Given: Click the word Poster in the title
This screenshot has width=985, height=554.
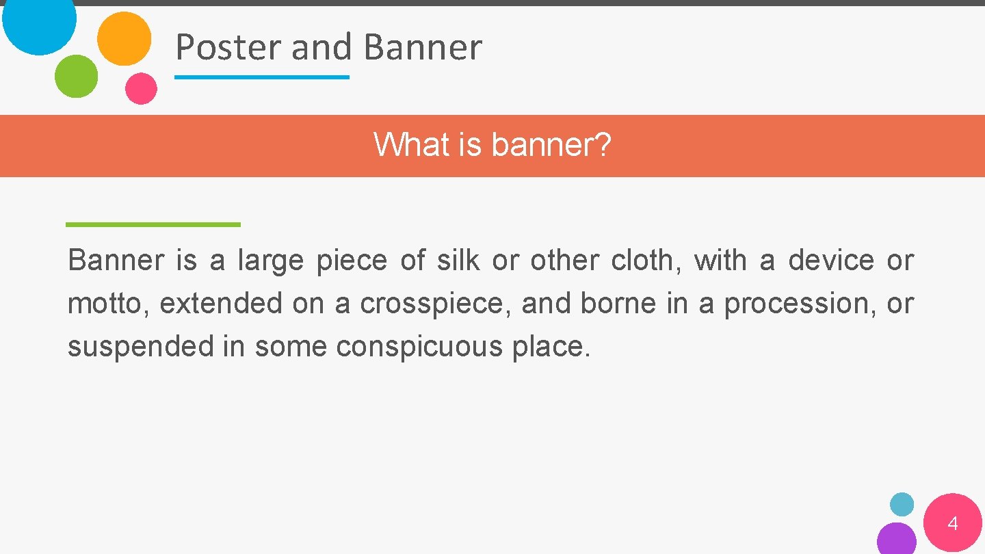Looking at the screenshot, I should coord(228,48).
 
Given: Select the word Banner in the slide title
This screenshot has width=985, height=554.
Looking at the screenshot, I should coord(423,48).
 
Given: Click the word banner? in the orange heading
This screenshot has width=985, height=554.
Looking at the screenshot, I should coord(551,145).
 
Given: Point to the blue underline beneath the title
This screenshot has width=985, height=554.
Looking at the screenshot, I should coord(262,77).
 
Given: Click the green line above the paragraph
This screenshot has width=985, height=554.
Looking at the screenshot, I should coord(153,224).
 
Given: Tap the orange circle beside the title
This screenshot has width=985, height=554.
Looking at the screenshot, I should coord(124,38).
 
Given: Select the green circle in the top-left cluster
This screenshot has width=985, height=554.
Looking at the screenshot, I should coord(76,76).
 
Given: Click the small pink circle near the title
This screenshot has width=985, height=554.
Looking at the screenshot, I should coord(141,88).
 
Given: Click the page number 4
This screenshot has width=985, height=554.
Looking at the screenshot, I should coord(952,525).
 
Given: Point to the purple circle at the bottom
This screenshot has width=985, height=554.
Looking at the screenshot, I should coord(896,540).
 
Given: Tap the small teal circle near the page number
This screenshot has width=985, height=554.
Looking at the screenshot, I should coord(902,504).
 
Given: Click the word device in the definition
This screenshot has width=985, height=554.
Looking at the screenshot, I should coord(831,261).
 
